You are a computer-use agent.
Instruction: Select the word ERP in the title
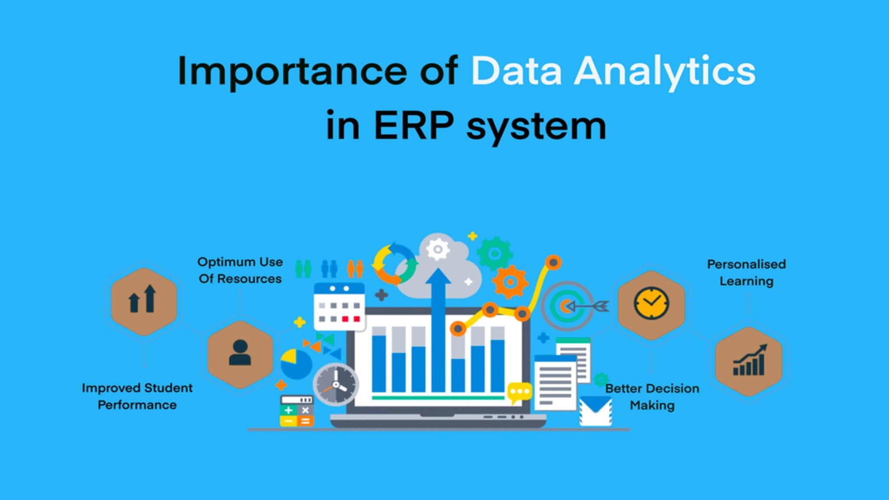coord(413,126)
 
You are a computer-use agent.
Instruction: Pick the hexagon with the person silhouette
coord(240,354)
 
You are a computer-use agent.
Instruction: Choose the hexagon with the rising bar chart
coord(748,361)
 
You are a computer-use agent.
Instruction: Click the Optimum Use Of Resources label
coord(240,270)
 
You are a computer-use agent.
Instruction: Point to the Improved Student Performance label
coord(137,396)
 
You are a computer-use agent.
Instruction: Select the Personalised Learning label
coord(746,273)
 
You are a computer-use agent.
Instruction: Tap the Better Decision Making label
coord(652,397)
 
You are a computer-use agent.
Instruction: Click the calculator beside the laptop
coord(296,411)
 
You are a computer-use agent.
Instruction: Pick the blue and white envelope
coord(596,411)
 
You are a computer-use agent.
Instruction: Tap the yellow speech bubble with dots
coord(519,392)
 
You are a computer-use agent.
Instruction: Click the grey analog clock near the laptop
coord(336,385)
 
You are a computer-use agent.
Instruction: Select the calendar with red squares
coord(339,306)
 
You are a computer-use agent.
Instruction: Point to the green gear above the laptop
coord(494,253)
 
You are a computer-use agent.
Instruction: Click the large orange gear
coord(510,282)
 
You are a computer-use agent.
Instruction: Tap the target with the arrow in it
coord(567,306)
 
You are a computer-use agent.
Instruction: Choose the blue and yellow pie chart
coord(296,364)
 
